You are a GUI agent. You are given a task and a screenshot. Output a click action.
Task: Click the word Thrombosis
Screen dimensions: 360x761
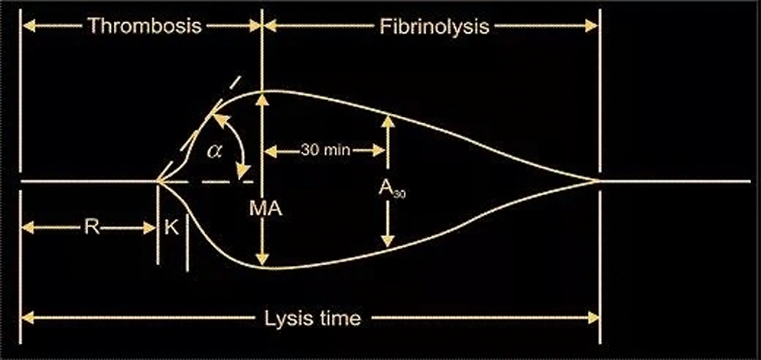(x=145, y=26)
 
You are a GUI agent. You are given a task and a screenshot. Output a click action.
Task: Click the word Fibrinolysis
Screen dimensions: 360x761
(x=434, y=26)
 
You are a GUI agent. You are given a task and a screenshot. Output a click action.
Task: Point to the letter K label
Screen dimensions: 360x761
(x=172, y=228)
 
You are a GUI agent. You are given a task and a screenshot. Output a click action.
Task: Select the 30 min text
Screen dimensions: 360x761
(x=326, y=150)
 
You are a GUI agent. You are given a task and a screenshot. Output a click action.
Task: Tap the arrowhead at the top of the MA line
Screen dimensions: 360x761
(x=263, y=97)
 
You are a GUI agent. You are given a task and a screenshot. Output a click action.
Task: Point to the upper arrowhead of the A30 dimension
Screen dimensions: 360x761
(x=389, y=120)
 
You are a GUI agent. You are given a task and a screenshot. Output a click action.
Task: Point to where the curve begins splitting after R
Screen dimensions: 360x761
(x=158, y=182)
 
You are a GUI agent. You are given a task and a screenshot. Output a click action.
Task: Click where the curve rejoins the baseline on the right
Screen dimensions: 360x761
(x=598, y=181)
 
